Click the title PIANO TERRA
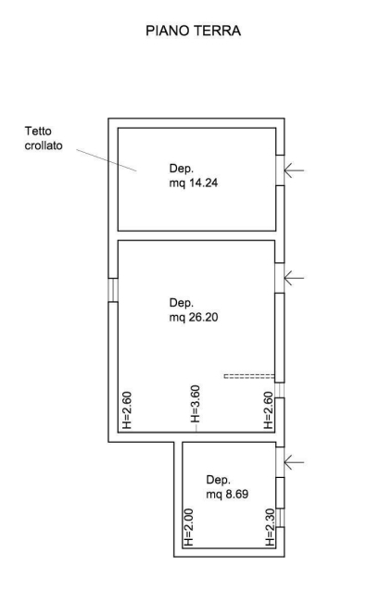tap(193, 31)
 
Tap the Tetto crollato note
tap(44, 138)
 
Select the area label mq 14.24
tap(194, 183)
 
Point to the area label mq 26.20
tap(194, 318)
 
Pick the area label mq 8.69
tap(227, 494)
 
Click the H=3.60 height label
tap(195, 404)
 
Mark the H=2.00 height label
tap(188, 527)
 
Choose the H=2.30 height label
tap(270, 527)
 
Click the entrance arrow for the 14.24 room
tap(294, 170)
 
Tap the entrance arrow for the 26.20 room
tap(294, 278)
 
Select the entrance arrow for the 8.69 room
tap(294, 462)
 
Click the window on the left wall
tap(113, 290)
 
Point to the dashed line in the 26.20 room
tap(249, 376)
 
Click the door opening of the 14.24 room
tap(280, 170)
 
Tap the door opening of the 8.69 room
tap(280, 462)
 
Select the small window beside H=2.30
tap(280, 518)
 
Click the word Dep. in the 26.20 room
tap(182, 303)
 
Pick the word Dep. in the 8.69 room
tap(219, 480)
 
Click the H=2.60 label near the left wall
tap(127, 410)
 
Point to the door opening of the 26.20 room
tap(280, 278)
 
